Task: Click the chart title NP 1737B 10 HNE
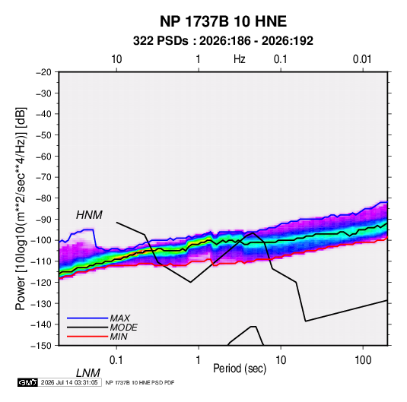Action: [223, 21]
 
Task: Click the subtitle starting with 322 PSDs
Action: [223, 41]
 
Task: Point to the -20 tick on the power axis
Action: [43, 72]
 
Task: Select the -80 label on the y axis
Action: [43, 198]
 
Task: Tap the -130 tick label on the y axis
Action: [42, 303]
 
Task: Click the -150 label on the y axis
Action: [42, 346]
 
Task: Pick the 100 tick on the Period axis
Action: [363, 360]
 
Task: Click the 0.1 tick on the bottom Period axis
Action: [116, 360]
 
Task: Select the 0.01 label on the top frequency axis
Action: [362, 59]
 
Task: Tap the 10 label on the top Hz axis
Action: [116, 59]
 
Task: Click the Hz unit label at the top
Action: [240, 59]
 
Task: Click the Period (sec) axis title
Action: [240, 369]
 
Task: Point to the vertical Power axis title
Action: [21, 208]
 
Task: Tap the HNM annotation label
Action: [89, 215]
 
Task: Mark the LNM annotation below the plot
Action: [87, 373]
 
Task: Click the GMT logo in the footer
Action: [28, 382]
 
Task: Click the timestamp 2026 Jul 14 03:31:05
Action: [69, 382]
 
